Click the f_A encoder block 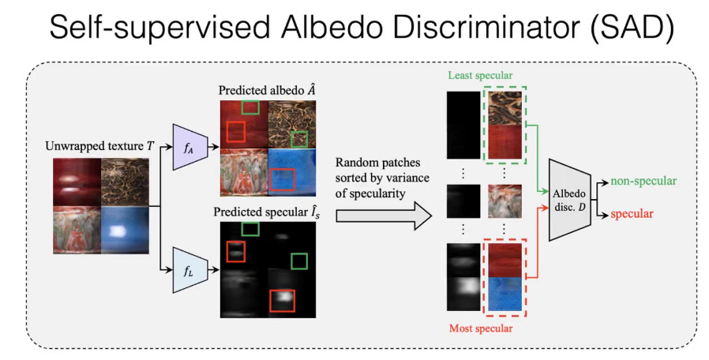point(190,147)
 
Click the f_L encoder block point(190,270)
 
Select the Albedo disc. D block point(570,200)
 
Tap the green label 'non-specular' point(643,181)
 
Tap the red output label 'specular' point(632,213)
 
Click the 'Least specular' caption point(480,75)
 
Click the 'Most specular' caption point(481,328)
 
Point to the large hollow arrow point(384,216)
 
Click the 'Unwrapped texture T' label point(99,146)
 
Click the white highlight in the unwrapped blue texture point(118,231)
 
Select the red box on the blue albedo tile point(282,179)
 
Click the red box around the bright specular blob point(282,301)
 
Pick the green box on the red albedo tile point(250,107)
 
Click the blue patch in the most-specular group point(505,294)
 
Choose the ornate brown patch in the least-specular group point(505,108)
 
